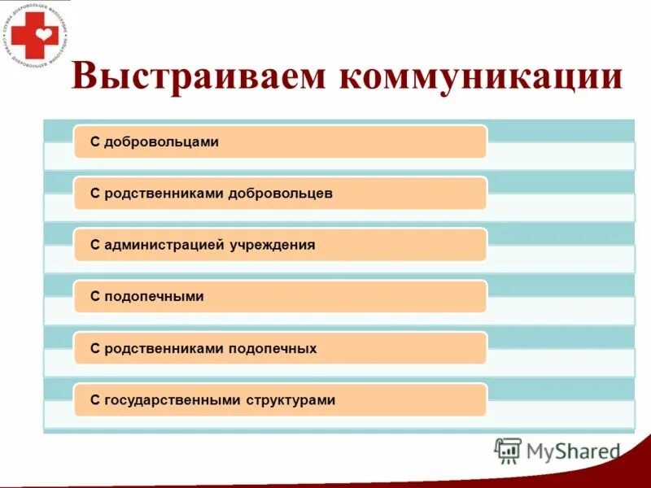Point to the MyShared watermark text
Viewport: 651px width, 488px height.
point(573,451)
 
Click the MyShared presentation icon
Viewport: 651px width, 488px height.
point(508,450)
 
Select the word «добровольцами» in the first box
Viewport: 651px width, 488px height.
point(161,142)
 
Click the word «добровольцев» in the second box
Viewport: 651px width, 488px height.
point(281,194)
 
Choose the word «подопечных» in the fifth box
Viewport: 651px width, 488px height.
point(273,349)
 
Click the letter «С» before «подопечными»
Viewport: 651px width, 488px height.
point(95,297)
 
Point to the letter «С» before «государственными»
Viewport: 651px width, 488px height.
point(95,400)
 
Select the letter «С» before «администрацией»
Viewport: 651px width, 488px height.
point(95,245)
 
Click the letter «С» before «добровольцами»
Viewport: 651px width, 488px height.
point(95,142)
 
